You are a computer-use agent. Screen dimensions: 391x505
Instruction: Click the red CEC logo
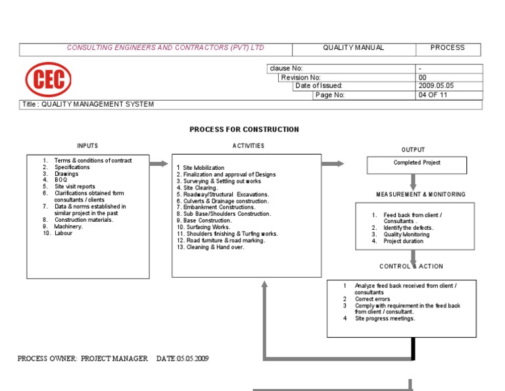click(49, 80)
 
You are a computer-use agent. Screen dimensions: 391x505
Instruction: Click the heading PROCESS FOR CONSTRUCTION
click(244, 130)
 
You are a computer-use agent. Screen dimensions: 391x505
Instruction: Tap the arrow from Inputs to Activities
click(159, 163)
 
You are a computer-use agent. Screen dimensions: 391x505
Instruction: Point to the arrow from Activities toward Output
click(333, 163)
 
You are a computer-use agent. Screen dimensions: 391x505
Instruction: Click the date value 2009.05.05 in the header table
click(436, 86)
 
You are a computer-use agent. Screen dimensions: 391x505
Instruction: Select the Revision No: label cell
click(301, 77)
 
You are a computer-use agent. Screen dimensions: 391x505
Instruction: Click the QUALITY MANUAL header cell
click(353, 48)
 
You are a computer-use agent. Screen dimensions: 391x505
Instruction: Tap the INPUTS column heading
click(87, 146)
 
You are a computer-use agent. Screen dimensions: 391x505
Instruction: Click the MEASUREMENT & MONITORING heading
click(420, 195)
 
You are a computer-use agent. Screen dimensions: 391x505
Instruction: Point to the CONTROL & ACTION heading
click(411, 267)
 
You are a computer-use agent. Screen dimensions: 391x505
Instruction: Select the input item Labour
click(64, 233)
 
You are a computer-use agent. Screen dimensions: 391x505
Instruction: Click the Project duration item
click(404, 241)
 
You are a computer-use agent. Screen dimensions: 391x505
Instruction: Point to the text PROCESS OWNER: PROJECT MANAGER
click(82, 359)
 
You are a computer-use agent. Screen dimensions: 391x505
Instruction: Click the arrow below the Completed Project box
click(413, 182)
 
